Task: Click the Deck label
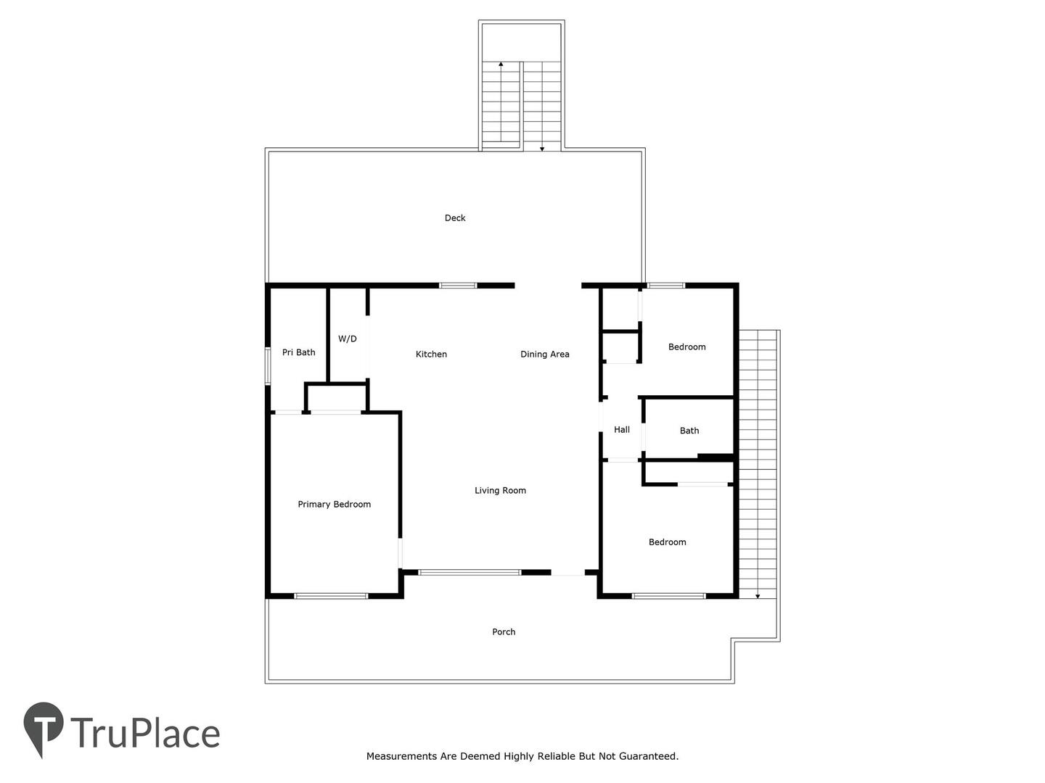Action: click(x=455, y=217)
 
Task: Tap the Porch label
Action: click(x=503, y=631)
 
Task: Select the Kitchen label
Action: click(x=431, y=355)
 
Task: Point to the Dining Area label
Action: click(x=545, y=355)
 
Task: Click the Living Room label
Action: click(x=500, y=491)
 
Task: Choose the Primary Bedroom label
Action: click(x=335, y=505)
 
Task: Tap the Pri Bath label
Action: click(x=298, y=352)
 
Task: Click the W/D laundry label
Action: click(x=347, y=339)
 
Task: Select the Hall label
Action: click(x=622, y=430)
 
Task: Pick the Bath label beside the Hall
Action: click(x=689, y=431)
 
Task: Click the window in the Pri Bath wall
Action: click(x=268, y=365)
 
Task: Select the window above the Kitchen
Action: click(x=457, y=286)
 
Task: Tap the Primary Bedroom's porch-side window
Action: click(x=331, y=596)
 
